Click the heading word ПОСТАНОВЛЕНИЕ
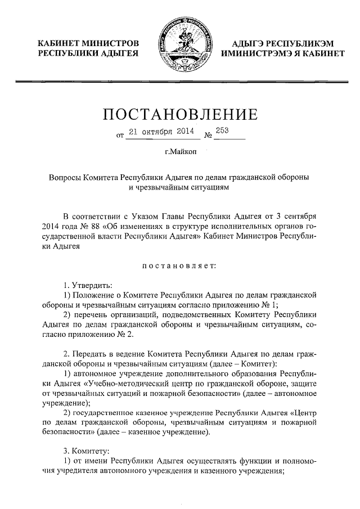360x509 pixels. click(180, 115)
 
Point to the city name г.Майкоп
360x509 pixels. click(180, 152)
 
